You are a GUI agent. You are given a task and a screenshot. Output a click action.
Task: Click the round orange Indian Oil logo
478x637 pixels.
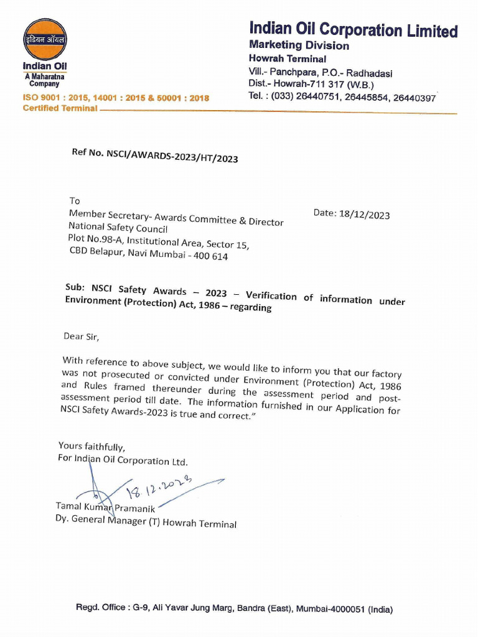[x=45, y=39]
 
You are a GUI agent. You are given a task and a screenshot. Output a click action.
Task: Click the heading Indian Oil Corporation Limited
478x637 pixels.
[x=353, y=29]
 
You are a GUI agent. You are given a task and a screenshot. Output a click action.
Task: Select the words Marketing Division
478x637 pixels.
[x=299, y=45]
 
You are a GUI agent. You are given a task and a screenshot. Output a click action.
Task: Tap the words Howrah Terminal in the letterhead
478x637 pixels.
[x=287, y=59]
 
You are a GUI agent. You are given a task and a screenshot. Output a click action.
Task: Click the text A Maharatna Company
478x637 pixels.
[x=45, y=80]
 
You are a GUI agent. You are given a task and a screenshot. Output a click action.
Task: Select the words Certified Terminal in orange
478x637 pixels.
[x=60, y=108]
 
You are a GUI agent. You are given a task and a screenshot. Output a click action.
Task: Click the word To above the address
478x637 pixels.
[x=75, y=201]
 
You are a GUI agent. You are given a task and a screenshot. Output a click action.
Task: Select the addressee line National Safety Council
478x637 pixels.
[x=118, y=228]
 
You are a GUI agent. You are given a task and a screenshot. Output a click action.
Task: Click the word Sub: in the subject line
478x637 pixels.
[x=75, y=287]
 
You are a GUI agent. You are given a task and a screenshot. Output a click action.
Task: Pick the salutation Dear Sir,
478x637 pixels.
[x=81, y=337]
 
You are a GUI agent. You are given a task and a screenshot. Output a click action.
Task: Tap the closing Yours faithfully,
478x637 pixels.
[x=91, y=446]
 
